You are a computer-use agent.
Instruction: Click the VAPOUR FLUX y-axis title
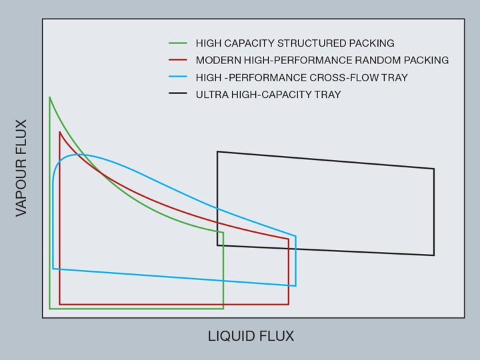pos(21,168)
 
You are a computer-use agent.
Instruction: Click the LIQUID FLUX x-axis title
pos(251,336)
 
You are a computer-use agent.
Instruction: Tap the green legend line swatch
pos(178,43)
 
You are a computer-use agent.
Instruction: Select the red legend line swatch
pos(178,60)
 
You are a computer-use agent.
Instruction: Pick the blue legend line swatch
pos(178,77)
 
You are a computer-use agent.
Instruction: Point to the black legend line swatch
pos(178,94)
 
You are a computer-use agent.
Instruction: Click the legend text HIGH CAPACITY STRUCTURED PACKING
pos(295,43)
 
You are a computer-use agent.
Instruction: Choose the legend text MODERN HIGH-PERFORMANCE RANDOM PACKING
pos(322,60)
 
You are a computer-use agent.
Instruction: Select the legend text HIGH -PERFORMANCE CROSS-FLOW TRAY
pos(301,77)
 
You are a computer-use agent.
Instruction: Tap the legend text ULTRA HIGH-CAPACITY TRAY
pos(268,95)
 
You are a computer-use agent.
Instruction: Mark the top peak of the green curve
pos(50,97)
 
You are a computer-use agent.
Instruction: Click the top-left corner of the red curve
pos(60,132)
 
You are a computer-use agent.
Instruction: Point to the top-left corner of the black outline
pos(217,152)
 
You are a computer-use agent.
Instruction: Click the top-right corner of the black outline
pos(434,169)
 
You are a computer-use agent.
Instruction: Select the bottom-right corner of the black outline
pos(434,255)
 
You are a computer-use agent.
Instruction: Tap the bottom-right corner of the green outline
pos(223,309)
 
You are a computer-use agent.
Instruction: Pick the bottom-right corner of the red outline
pos(289,304)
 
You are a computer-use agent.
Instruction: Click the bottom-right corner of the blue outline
pos(295,285)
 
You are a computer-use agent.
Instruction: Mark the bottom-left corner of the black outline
pos(217,245)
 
